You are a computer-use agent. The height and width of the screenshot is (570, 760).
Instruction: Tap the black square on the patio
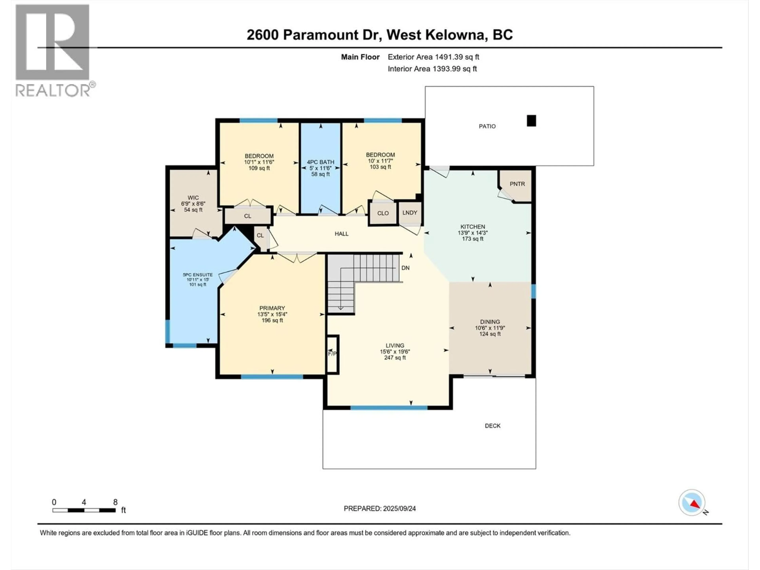point(531,121)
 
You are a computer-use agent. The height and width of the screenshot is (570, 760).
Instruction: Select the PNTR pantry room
point(517,184)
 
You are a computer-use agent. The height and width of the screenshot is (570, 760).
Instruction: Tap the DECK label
point(492,426)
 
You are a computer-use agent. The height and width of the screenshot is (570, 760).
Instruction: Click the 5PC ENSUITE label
point(198,275)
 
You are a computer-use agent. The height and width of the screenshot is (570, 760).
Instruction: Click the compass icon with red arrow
point(692,503)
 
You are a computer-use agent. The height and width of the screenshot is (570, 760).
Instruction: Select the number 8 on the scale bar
point(115,502)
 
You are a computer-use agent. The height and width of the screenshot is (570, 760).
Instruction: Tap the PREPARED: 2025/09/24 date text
point(380,508)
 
